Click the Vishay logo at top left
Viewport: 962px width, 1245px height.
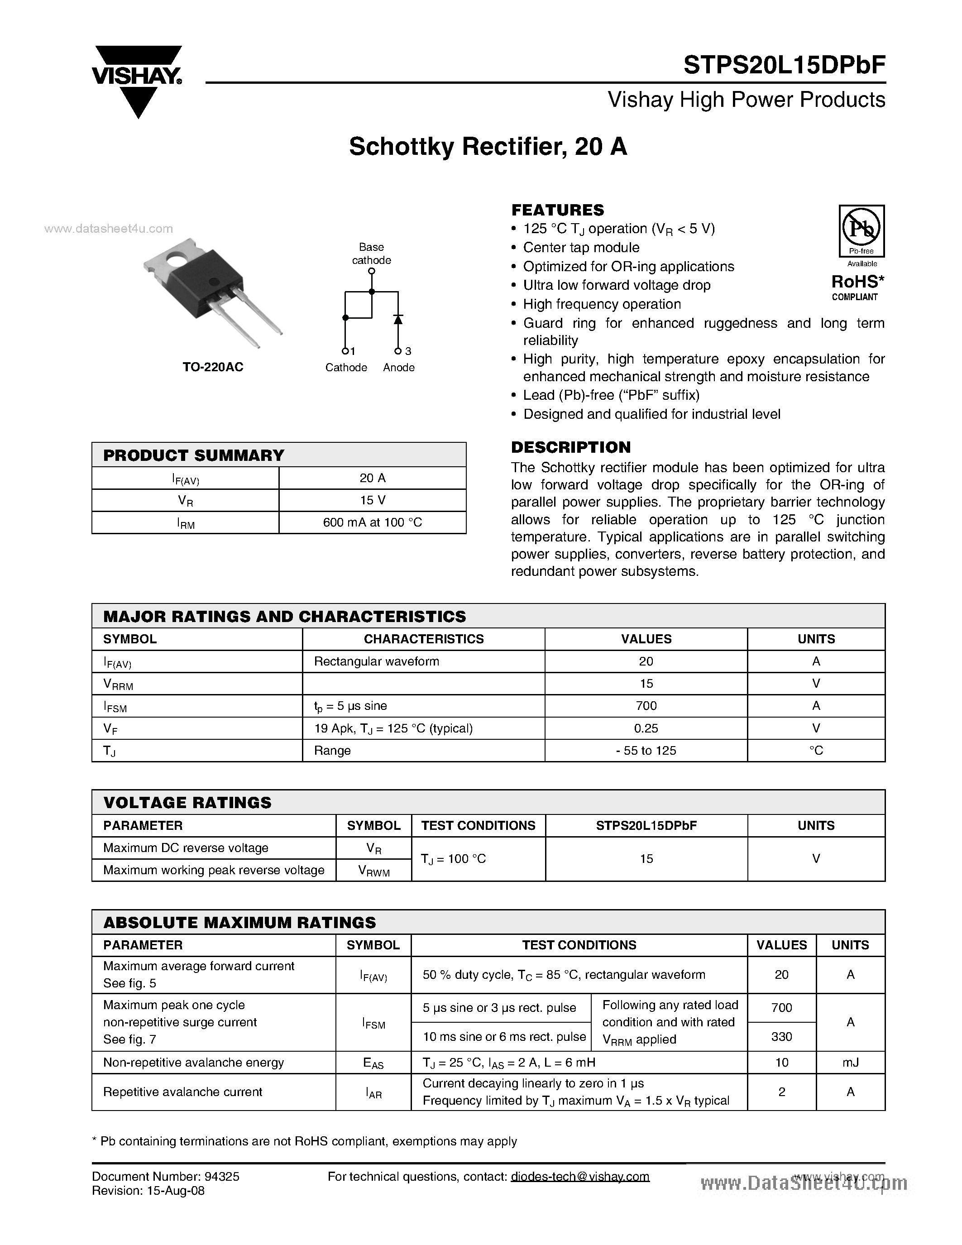(137, 80)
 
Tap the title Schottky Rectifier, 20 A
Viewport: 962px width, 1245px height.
(488, 147)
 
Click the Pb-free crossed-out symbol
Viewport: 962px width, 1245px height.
(861, 228)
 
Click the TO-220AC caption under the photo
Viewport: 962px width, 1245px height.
(213, 367)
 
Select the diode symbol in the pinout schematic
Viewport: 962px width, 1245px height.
(398, 319)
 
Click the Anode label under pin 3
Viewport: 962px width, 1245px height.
(398, 368)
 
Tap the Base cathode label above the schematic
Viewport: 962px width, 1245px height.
(371, 254)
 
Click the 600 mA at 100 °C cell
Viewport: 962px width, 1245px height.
(372, 522)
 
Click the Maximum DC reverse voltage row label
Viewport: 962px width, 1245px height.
(186, 848)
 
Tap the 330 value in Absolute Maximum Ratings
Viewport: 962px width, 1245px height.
(781, 1036)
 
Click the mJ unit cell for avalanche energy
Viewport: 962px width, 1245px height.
(850, 1062)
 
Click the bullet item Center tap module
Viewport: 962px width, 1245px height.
(581, 247)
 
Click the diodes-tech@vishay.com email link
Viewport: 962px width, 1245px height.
(580, 1177)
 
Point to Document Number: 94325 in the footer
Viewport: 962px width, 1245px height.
(165, 1177)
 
